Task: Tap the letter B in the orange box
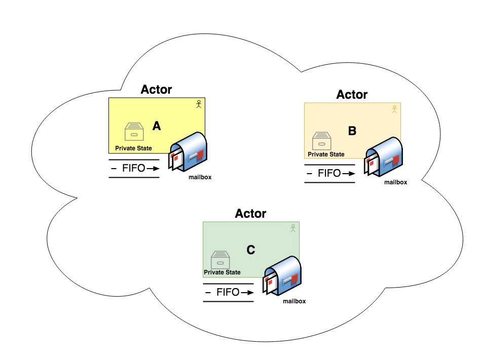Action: pyautogui.click(x=352, y=131)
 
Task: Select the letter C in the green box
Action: pyautogui.click(x=251, y=250)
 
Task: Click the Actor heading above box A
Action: pyautogui.click(x=156, y=90)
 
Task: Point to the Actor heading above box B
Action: pyautogui.click(x=352, y=95)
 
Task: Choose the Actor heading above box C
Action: pyautogui.click(x=250, y=214)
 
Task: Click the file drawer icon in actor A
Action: pyautogui.click(x=135, y=132)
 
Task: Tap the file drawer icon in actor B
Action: pyautogui.click(x=321, y=141)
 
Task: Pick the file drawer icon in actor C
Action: pyautogui.click(x=220, y=259)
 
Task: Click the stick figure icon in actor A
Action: pyautogui.click(x=199, y=104)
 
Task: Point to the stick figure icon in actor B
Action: pyautogui.click(x=394, y=109)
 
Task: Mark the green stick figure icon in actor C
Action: pyautogui.click(x=293, y=228)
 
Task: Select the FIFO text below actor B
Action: pyautogui.click(x=329, y=173)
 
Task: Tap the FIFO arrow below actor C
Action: pyautogui.click(x=246, y=293)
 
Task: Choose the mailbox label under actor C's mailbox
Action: pyautogui.click(x=294, y=301)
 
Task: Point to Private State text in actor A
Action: pyautogui.click(x=133, y=148)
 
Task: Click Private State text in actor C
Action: pyautogui.click(x=222, y=272)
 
